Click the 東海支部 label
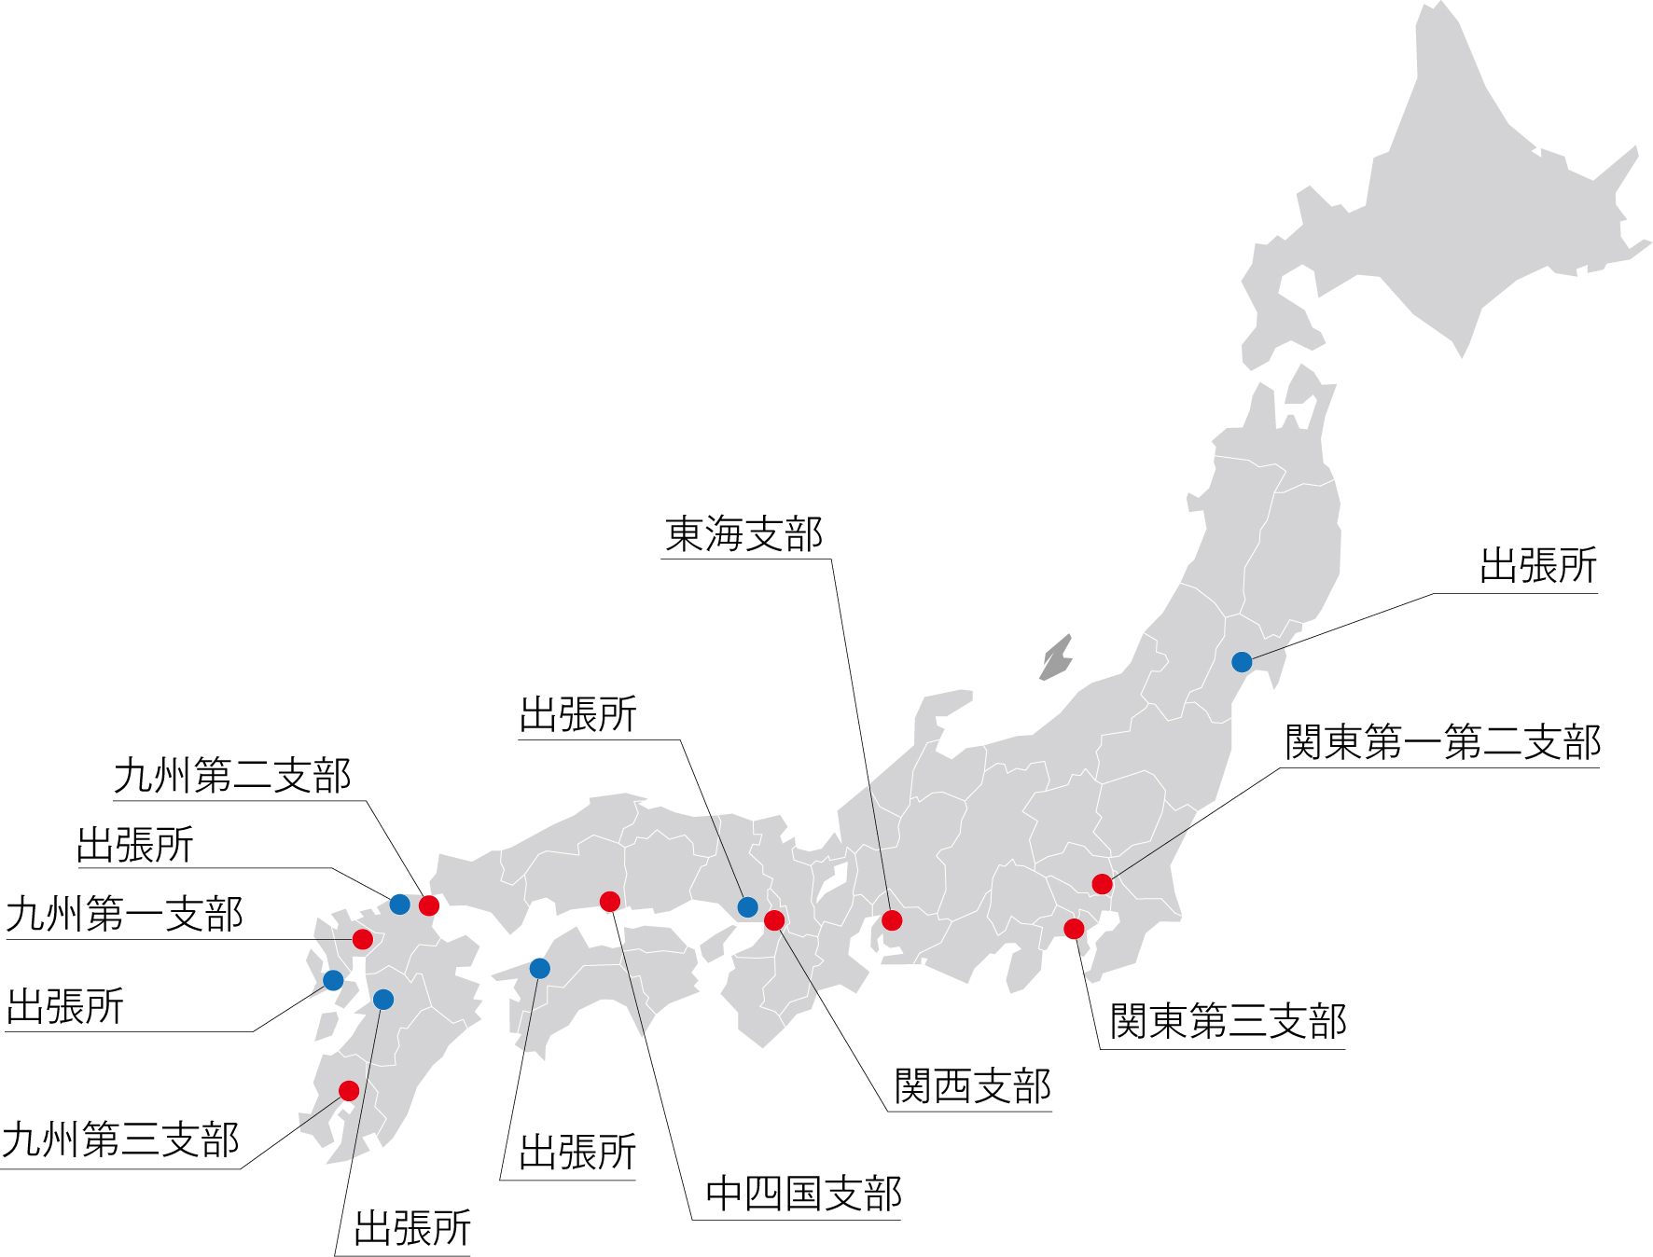[743, 534]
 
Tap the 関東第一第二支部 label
[1442, 743]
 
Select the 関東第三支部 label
[1228, 1021]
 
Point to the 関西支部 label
[972, 1086]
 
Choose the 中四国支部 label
[803, 1195]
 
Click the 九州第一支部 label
[124, 914]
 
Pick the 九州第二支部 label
[232, 776]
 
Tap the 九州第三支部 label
[120, 1140]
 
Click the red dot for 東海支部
[892, 920]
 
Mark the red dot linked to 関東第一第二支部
[1102, 884]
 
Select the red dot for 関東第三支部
[1074, 929]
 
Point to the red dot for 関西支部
[774, 920]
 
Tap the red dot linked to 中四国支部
[610, 901]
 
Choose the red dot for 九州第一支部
[363, 939]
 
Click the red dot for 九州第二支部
[429, 905]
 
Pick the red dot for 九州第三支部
[349, 1091]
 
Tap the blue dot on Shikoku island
[539, 969]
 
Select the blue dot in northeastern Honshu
[1242, 662]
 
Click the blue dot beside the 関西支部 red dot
[747, 906]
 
